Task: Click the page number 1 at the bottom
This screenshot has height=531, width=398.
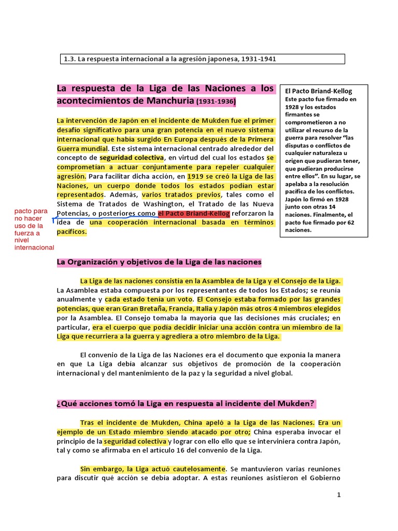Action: point(338,495)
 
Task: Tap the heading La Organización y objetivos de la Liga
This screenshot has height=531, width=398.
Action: point(159,262)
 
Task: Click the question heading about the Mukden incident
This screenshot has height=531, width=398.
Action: point(186,404)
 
